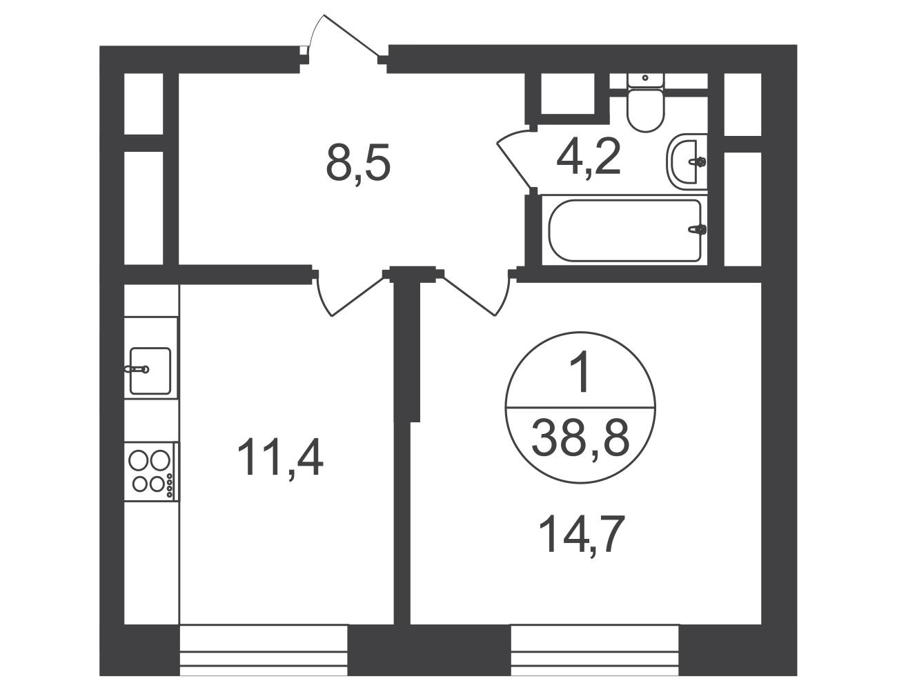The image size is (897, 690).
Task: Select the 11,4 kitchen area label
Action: click(x=280, y=457)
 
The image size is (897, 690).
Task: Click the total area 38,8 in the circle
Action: click(x=580, y=438)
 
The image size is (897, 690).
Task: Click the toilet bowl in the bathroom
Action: click(x=646, y=109)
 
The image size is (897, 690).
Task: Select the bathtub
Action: click(x=625, y=230)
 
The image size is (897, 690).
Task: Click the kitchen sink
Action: click(x=150, y=371)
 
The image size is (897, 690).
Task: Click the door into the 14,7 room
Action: click(x=475, y=295)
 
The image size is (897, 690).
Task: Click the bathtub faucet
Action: click(x=698, y=229)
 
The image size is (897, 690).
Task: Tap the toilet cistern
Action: click(x=645, y=80)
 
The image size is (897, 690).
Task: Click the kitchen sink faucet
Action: click(x=137, y=369)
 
